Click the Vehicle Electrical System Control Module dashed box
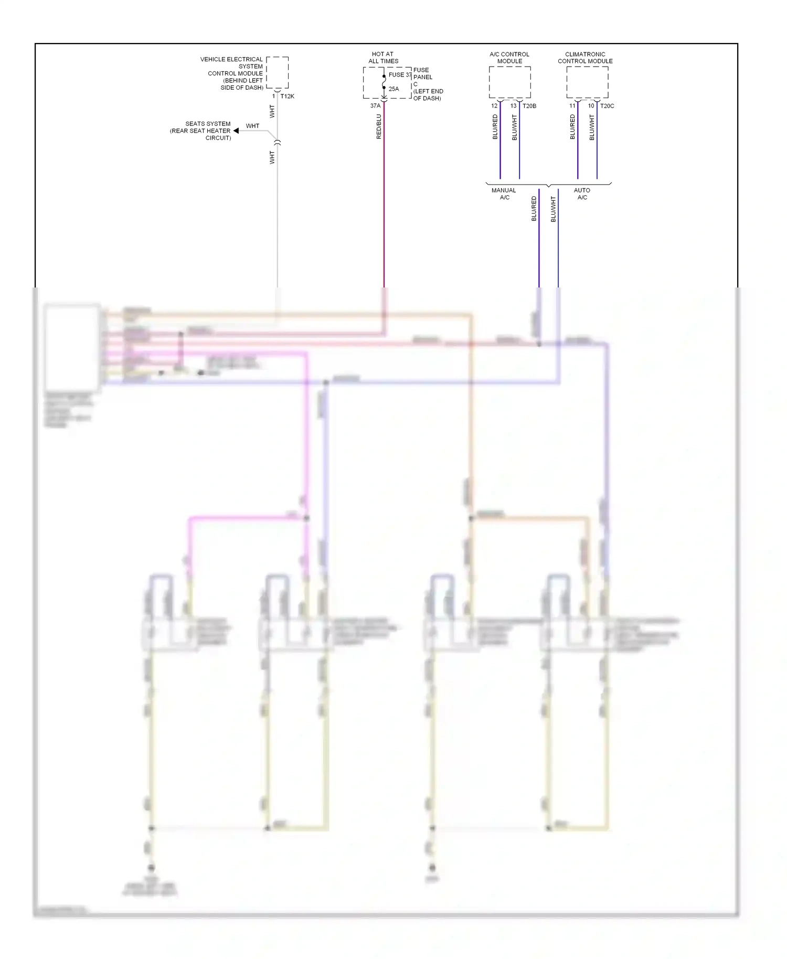coord(277,72)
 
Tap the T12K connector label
coord(287,97)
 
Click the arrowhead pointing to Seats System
coord(236,131)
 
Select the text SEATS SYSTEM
coord(208,124)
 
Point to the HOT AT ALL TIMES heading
coord(383,58)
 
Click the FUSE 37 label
coord(400,75)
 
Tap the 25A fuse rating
coord(393,89)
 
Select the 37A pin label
coord(375,106)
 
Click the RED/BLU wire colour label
coord(379,126)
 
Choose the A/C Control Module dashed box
coord(509,82)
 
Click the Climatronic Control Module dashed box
coord(587,82)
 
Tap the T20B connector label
coord(529,106)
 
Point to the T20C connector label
coord(607,106)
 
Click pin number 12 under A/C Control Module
coord(494,106)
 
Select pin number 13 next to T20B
coord(513,106)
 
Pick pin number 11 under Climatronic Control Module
coord(572,106)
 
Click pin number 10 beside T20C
coord(591,106)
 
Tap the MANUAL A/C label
coord(504,194)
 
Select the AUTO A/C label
coord(582,194)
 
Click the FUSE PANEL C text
coord(423,77)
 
